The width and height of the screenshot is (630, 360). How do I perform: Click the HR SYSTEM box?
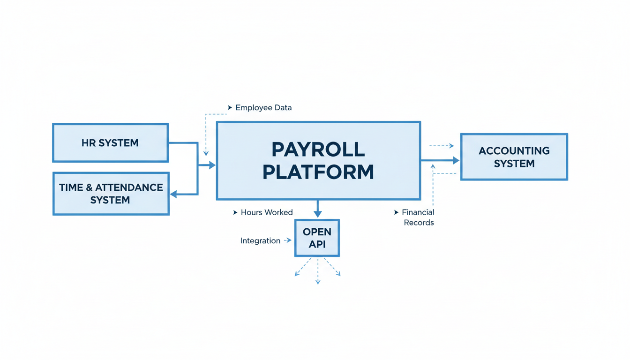coord(110,143)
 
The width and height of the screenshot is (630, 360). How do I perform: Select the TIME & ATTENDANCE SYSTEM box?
coord(111,194)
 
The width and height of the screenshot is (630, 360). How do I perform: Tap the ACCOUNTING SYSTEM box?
coord(514,157)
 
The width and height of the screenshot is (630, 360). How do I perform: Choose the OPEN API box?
coord(317,238)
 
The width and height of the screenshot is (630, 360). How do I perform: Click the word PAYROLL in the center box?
coord(318,150)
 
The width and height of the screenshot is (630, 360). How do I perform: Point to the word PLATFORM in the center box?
coord(318,172)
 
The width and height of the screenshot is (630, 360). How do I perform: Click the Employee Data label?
coord(263,108)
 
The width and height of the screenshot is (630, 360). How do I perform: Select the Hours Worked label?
coord(267,212)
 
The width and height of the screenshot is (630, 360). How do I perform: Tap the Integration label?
coord(260,241)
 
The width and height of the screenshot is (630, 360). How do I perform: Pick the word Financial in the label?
coord(418,212)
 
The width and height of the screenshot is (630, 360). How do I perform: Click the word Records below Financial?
coord(419,223)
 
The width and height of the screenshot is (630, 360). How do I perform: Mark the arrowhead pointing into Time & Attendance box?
coord(173,194)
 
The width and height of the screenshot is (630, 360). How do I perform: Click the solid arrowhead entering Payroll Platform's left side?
coord(212,165)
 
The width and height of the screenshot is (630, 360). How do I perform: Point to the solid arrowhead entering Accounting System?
coord(456,160)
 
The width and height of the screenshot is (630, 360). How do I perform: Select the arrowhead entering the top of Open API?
coord(318,214)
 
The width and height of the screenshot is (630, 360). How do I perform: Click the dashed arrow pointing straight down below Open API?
coord(318,281)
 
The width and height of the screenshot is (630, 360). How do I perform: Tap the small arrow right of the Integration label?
coord(288,240)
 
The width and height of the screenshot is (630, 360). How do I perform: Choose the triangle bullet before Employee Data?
coord(230,108)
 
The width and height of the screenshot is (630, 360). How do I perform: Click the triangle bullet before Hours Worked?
coord(235,212)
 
